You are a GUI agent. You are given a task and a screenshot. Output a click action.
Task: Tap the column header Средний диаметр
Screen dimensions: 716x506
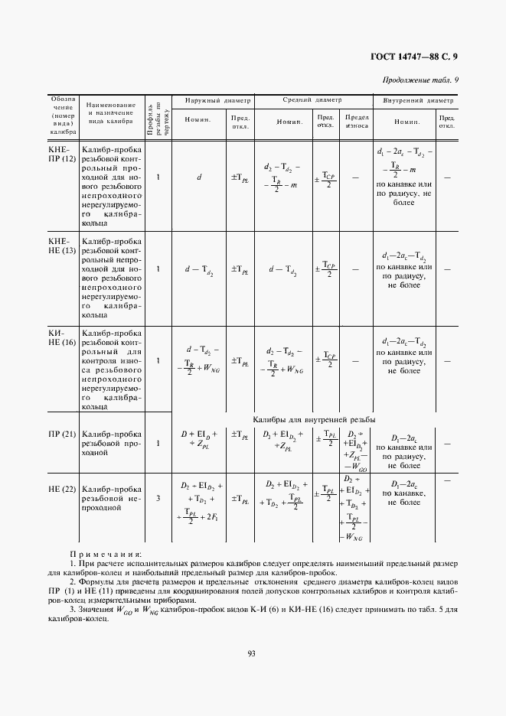coord(312,100)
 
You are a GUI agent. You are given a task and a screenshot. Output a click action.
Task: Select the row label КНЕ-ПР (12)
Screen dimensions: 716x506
coord(63,154)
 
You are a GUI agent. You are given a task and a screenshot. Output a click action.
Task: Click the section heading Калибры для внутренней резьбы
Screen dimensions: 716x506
coord(314,419)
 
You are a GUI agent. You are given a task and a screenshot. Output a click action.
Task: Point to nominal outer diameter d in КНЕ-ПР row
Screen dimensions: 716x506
coord(199,177)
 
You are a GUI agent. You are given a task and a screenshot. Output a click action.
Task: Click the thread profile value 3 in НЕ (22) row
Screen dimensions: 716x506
coord(158,499)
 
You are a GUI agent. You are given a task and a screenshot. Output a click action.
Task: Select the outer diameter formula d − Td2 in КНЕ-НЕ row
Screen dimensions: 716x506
coord(199,269)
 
